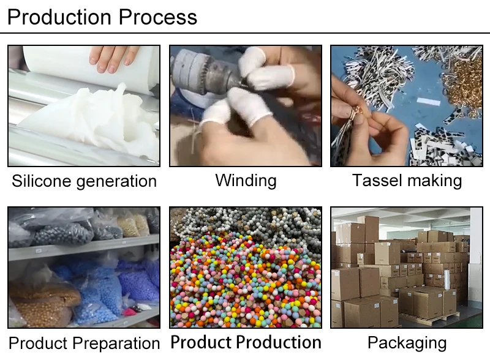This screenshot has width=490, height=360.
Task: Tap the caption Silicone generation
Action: tap(85, 181)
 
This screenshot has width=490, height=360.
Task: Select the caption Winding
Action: tap(246, 180)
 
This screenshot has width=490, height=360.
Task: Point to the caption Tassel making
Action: tap(407, 180)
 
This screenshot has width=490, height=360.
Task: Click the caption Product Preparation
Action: tap(85, 343)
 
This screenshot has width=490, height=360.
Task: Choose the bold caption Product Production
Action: tap(246, 342)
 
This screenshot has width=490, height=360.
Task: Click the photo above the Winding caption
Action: tap(246, 106)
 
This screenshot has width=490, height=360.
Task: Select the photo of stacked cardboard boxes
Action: tap(407, 268)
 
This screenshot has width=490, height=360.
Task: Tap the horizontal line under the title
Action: tap(245, 33)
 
